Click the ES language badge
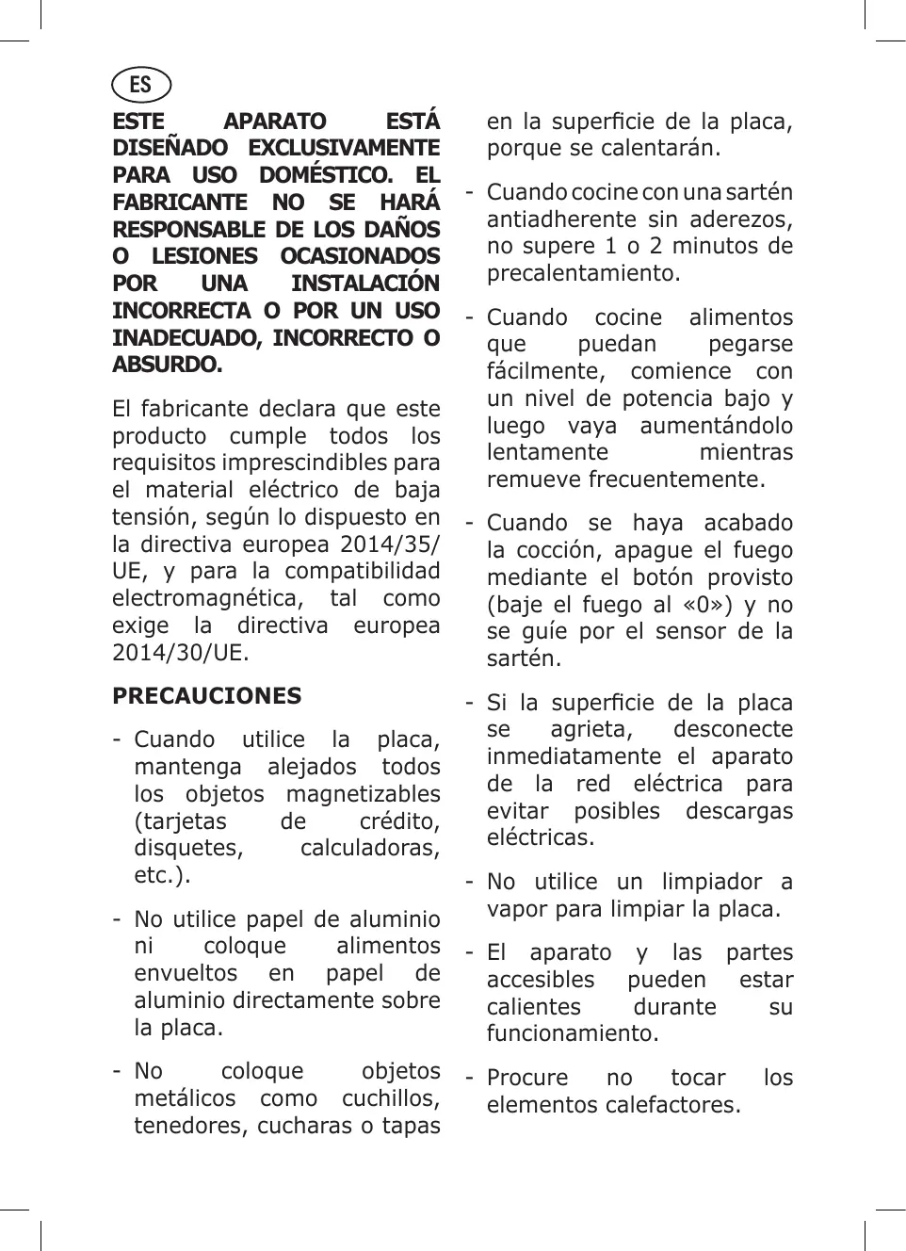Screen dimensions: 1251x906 [141, 85]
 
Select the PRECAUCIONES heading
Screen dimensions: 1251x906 [206, 696]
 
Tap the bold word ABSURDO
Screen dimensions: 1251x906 [166, 365]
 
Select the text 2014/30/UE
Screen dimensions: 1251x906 [181, 652]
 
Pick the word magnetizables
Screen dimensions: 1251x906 [363, 794]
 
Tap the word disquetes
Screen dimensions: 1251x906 [187, 848]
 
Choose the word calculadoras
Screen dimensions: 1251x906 [369, 848]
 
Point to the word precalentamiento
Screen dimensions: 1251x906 [583, 273]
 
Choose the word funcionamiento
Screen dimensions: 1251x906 [572, 1033]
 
